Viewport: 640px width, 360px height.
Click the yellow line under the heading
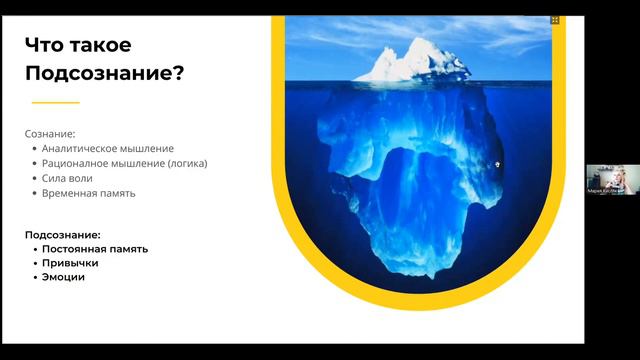coord(55,102)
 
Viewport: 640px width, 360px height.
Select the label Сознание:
coord(50,132)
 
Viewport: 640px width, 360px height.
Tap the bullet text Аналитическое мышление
coord(94,148)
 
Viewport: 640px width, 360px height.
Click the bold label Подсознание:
coord(63,234)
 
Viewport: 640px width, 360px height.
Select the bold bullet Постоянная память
coord(95,249)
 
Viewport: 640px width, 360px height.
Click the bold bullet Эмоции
coord(63,277)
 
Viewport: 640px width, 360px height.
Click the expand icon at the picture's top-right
coord(556,19)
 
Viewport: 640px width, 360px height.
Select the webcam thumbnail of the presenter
coord(606,179)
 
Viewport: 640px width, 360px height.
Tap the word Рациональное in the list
coord(81,163)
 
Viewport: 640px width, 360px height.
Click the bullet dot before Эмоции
coord(34,277)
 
